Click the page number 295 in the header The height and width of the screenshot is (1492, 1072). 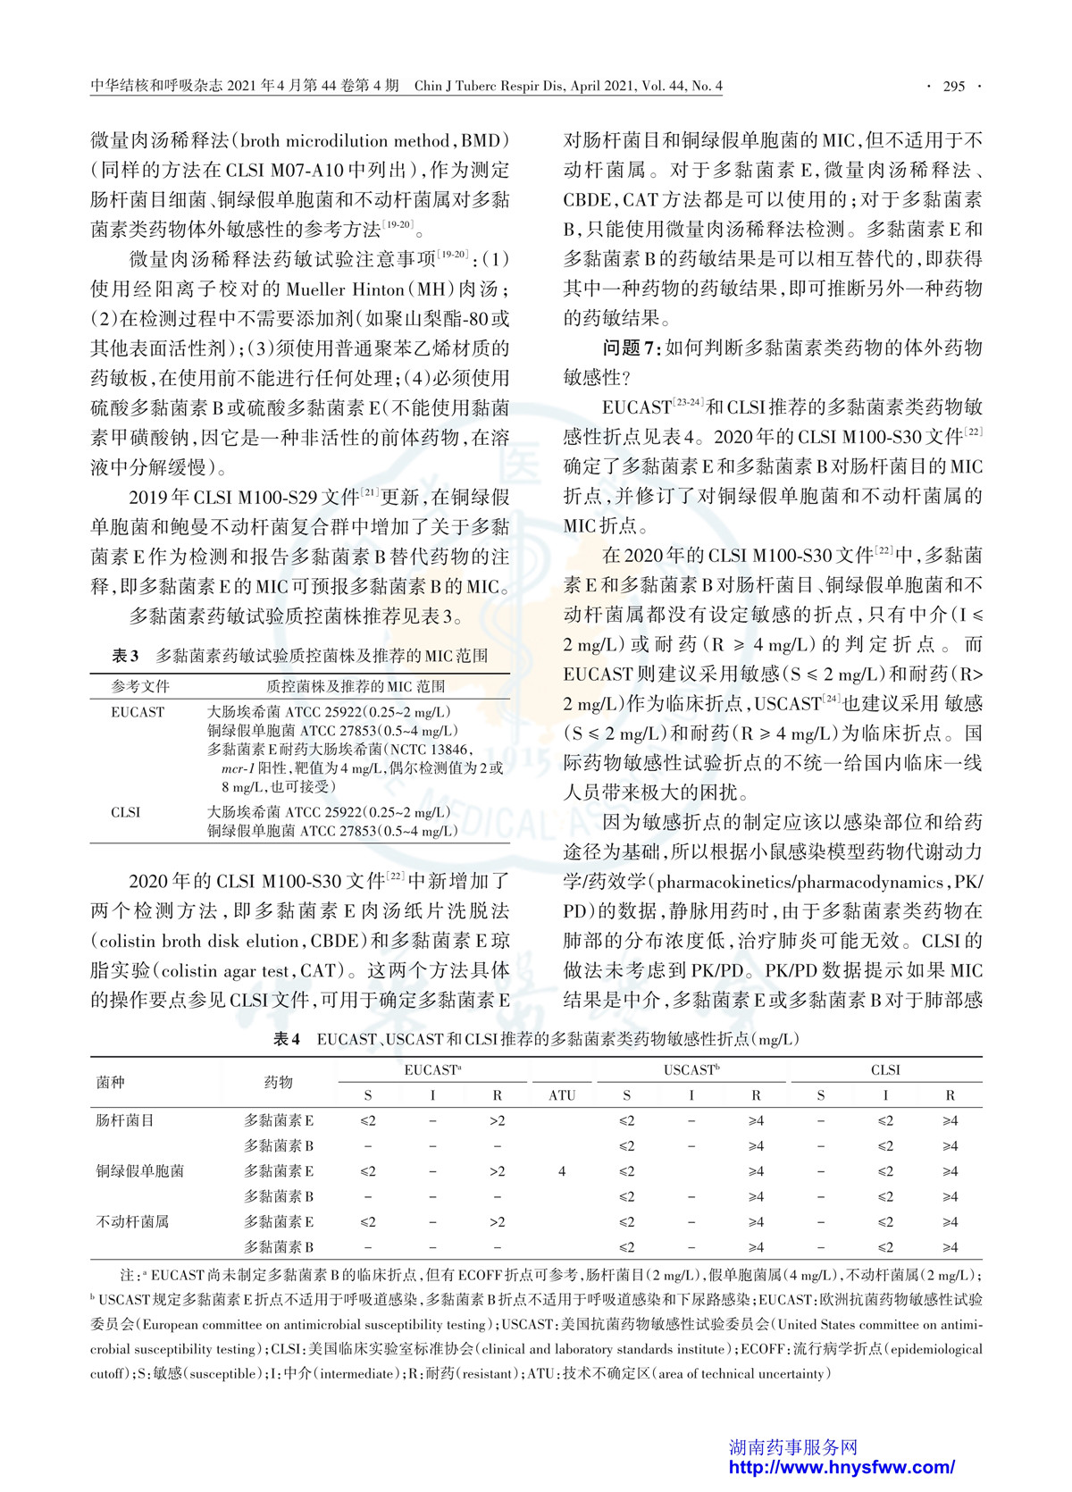click(x=954, y=86)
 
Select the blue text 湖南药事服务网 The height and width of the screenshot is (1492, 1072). click(x=793, y=1446)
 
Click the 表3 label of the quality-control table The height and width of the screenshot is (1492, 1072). click(x=125, y=656)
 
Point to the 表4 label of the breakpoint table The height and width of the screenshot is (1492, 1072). click(x=287, y=1039)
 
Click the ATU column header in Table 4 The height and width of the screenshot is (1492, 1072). click(x=562, y=1095)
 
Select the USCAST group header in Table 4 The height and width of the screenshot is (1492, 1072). click(x=691, y=1069)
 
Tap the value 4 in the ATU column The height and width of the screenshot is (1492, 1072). click(x=562, y=1171)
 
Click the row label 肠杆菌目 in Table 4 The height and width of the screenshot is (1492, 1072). click(x=125, y=1120)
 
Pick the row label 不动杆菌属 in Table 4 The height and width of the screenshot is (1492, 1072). click(x=132, y=1221)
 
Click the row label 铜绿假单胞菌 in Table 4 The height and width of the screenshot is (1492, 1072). click(x=139, y=1171)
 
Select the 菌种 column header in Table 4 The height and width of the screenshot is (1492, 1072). click(x=111, y=1082)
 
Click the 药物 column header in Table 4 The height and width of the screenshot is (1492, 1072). click(x=279, y=1082)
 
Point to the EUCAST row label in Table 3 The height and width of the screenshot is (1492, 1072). click(x=138, y=712)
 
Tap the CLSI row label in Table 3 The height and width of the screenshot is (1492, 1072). click(x=126, y=812)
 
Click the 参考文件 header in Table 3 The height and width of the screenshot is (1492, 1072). click(x=140, y=686)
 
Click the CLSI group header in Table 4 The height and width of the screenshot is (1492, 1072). click(x=885, y=1069)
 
